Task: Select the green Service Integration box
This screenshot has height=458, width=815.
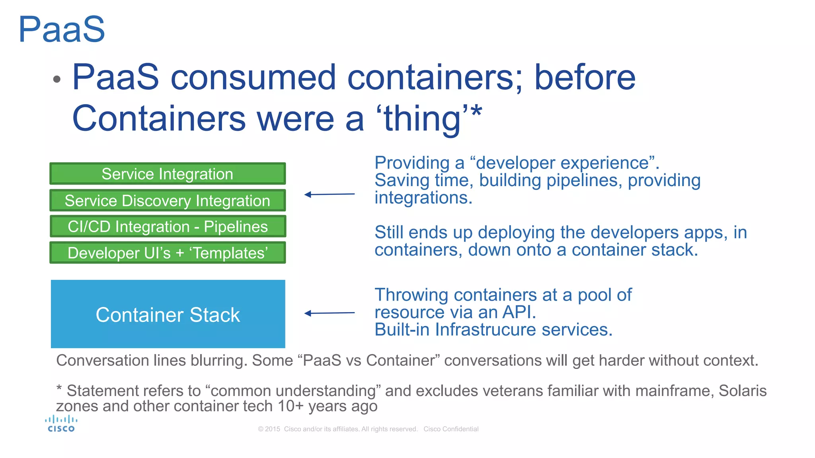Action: click(168, 174)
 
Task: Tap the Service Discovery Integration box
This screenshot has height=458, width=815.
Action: click(168, 200)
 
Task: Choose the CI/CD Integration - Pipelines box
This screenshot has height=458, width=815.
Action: click(168, 227)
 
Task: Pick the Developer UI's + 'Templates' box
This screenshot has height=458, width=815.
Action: click(168, 253)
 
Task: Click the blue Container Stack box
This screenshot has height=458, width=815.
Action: click(168, 314)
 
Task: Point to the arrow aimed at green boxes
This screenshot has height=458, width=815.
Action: click(329, 194)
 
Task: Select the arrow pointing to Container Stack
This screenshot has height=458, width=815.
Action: click(329, 313)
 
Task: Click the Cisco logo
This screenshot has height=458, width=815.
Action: click(61, 424)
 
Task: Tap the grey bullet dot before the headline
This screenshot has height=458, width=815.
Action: click(57, 79)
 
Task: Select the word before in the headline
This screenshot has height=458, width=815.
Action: click(585, 77)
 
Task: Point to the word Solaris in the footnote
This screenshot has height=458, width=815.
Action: click(742, 390)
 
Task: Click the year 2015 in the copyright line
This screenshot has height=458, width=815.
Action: click(273, 429)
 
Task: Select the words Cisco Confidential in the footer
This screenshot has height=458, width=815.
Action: click(451, 429)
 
